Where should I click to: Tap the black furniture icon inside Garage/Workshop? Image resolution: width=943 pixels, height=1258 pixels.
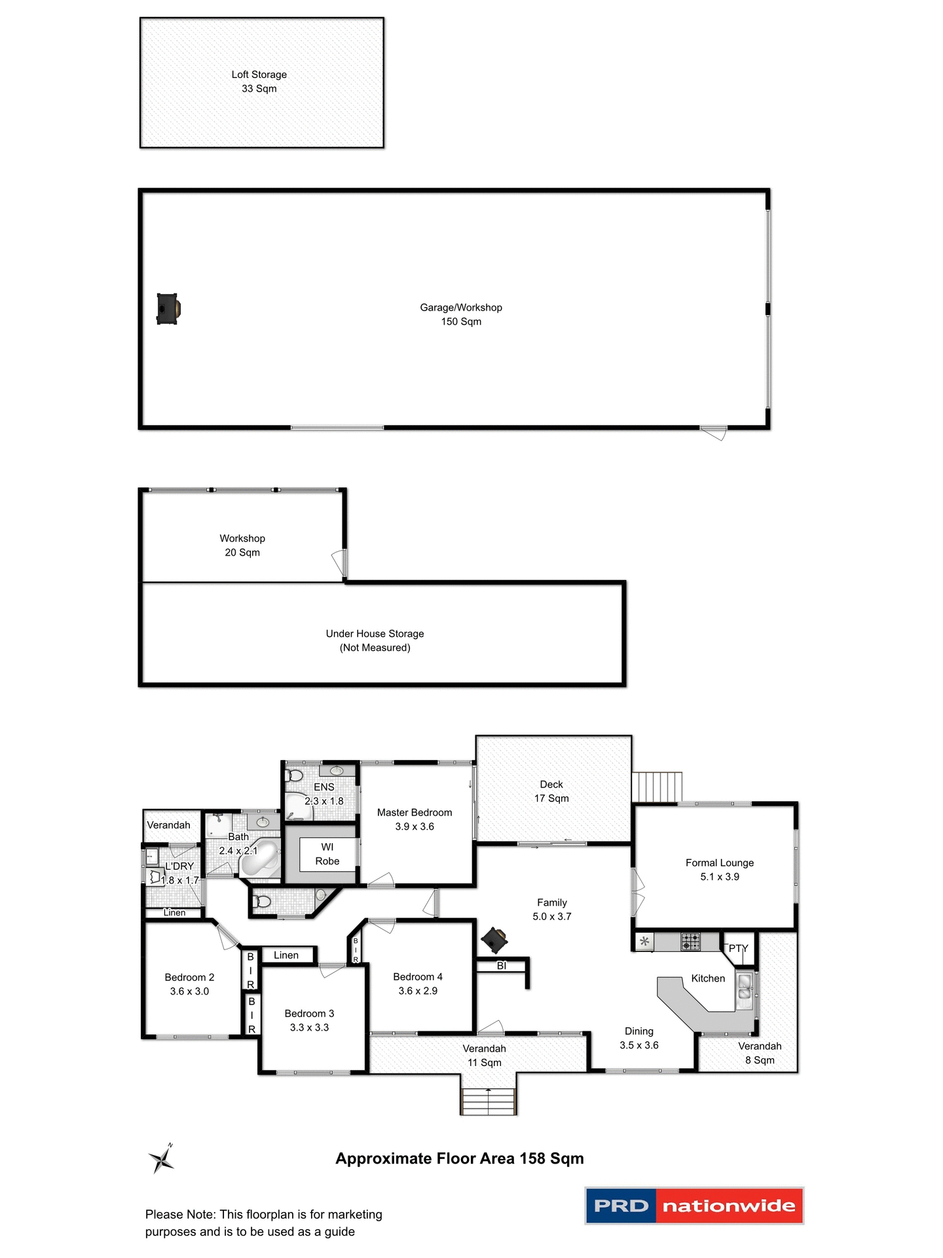(168, 309)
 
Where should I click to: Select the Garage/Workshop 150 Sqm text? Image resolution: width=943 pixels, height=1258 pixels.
(461, 314)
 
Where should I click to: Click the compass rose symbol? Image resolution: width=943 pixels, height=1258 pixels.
(161, 1159)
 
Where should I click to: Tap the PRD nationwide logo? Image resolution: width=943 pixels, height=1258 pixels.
(693, 1206)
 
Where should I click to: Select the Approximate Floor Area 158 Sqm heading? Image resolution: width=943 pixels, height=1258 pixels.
(459, 1158)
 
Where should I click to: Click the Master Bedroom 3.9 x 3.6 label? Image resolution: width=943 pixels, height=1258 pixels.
(415, 820)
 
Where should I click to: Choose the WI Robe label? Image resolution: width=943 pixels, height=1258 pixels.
(327, 854)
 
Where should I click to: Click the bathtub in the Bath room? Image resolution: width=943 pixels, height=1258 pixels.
(260, 860)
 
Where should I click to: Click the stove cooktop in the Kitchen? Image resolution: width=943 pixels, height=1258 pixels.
(690, 942)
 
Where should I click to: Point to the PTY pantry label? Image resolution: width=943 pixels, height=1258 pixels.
(738, 948)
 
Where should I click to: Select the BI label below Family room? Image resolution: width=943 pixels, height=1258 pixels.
(502, 966)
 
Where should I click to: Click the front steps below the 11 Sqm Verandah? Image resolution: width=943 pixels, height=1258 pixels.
(489, 1101)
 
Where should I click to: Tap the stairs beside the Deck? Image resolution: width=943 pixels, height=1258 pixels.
(657, 786)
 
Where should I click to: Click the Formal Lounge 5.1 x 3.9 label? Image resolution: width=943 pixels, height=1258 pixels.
(719, 869)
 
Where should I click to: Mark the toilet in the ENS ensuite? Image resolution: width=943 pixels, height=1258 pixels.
(295, 776)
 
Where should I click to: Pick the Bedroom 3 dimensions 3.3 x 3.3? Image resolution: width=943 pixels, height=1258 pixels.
(309, 1027)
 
